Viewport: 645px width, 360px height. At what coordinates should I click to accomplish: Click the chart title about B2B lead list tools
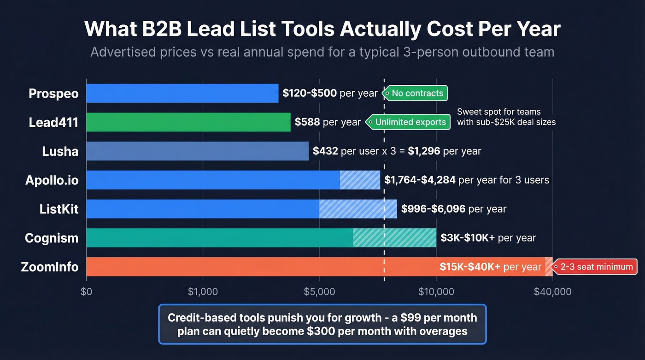click(322, 29)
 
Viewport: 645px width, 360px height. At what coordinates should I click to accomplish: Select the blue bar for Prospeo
click(182, 93)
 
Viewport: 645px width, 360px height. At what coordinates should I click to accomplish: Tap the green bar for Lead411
click(188, 122)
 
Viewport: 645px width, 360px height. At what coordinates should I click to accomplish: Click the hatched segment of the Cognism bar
click(394, 238)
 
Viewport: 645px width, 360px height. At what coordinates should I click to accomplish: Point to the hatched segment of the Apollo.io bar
click(360, 180)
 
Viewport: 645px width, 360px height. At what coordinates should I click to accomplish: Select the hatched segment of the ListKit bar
click(358, 209)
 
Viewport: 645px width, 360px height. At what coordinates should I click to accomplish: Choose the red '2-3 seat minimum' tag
click(595, 267)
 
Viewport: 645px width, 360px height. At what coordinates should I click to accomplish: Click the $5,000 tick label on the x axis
click(319, 292)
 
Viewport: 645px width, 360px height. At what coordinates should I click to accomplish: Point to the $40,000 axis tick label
click(552, 292)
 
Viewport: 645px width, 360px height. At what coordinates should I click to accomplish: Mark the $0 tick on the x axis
click(86, 292)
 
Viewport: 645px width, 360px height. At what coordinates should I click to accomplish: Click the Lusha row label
click(60, 151)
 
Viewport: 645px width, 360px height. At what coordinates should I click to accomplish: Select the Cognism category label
click(52, 238)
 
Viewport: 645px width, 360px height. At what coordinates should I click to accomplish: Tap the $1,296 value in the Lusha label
click(424, 151)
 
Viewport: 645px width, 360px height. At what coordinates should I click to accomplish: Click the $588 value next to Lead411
click(307, 122)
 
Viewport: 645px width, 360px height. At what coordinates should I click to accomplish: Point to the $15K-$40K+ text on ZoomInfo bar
click(470, 267)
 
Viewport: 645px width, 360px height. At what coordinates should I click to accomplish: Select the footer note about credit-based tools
click(322, 324)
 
